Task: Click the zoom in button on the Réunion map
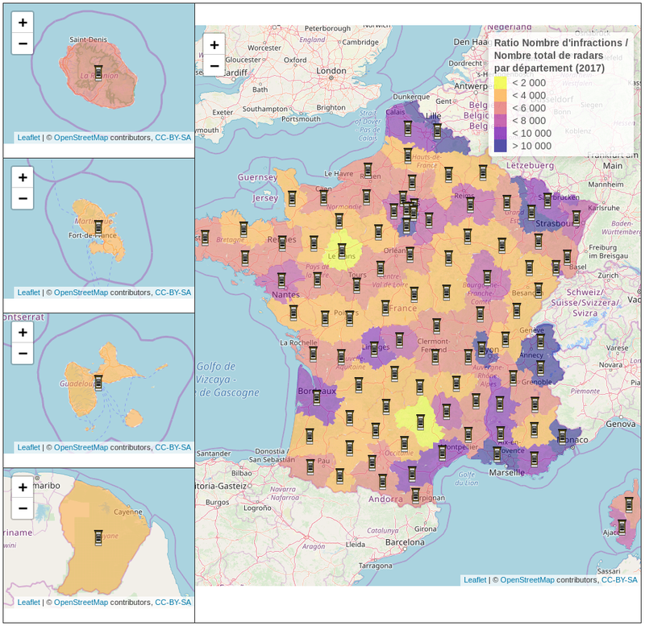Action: tap(23, 23)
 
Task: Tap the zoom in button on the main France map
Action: tap(214, 45)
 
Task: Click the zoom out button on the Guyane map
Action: tap(23, 508)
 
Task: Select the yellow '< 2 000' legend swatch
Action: tap(501, 82)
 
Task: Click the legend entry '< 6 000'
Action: tap(529, 108)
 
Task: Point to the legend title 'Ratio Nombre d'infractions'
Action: tap(560, 42)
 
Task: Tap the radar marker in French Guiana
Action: tap(98, 537)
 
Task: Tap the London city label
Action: tap(331, 71)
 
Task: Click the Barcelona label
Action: tap(404, 542)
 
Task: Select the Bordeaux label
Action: tap(315, 390)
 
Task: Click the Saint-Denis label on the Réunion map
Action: tap(89, 39)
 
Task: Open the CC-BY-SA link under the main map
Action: tap(619, 579)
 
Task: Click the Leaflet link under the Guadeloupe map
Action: tap(28, 447)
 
